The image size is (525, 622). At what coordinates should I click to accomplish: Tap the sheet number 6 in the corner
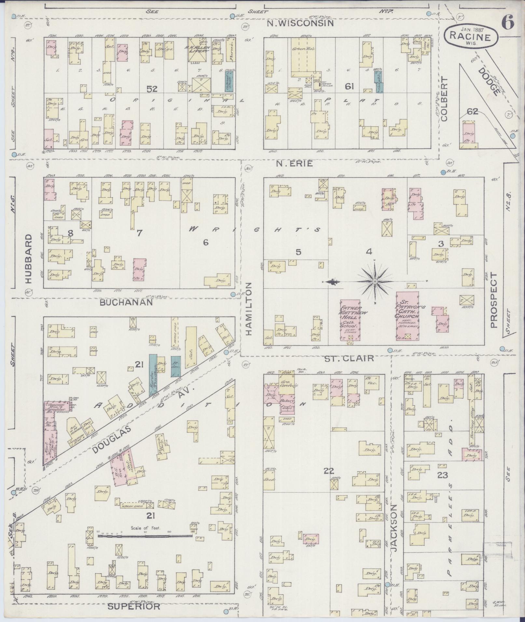(507, 22)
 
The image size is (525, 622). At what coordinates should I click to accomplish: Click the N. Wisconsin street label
(300, 23)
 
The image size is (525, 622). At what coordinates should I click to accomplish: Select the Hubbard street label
(28, 258)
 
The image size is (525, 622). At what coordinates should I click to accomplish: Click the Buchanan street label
(126, 302)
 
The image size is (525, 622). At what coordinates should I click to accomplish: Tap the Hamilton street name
(249, 309)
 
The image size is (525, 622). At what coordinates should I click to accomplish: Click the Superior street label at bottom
(134, 606)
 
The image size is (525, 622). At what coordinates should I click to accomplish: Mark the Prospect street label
(494, 300)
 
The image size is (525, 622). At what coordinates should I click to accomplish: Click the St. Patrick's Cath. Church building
(407, 315)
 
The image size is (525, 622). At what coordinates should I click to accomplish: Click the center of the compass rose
(375, 281)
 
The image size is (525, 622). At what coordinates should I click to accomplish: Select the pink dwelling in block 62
(469, 133)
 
